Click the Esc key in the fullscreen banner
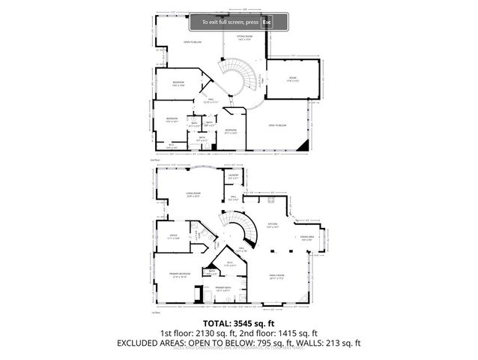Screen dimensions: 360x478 pos(266,22)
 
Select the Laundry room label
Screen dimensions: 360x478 pos(233,177)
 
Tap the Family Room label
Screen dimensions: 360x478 pos(277,277)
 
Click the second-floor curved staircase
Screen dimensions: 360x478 pos(240,79)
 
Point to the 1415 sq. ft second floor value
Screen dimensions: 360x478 pos(307,334)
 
